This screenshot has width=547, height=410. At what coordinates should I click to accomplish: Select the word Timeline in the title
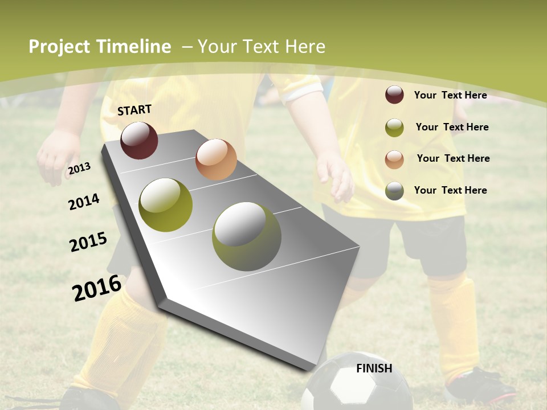click(134, 47)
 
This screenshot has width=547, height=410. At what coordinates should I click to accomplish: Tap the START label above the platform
click(134, 110)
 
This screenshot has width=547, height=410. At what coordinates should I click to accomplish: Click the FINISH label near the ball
click(374, 368)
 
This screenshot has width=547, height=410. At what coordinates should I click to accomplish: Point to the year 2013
click(79, 169)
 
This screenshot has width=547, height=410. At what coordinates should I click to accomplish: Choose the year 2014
click(84, 202)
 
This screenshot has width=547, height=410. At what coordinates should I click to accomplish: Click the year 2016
click(97, 288)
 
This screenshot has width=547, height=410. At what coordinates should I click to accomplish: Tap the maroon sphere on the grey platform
click(139, 140)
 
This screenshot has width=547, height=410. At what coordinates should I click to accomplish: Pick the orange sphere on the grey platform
click(216, 159)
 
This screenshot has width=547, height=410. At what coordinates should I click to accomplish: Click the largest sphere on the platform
click(247, 236)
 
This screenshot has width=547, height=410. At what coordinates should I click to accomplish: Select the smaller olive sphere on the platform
click(166, 205)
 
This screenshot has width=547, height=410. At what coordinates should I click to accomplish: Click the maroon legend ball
click(394, 95)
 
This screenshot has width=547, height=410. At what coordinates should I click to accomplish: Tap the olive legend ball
click(394, 128)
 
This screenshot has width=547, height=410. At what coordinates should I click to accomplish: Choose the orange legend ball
click(394, 159)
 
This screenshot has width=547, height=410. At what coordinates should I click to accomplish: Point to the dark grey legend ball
click(394, 191)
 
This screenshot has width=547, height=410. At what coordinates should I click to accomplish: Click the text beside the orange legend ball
click(453, 158)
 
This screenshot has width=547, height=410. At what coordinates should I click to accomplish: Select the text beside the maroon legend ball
click(450, 95)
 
